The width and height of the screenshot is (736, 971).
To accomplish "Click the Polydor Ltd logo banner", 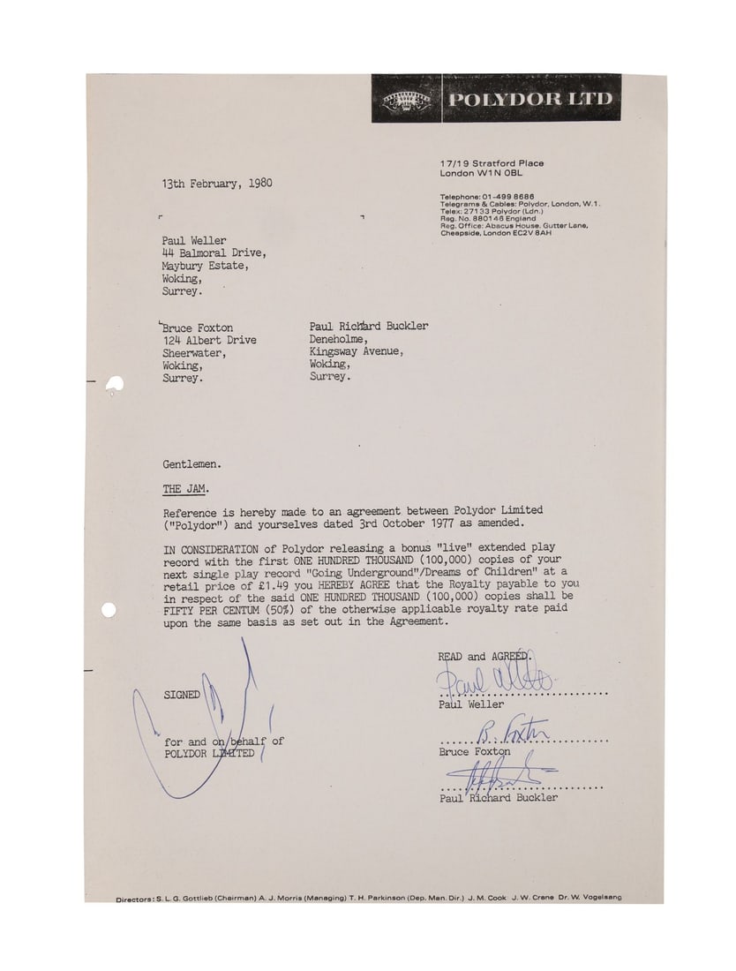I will pyautogui.click(x=496, y=97).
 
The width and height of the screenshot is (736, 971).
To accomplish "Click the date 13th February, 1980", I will pyautogui.click(x=216, y=184).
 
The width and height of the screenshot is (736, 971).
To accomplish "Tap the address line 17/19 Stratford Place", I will pyautogui.click(x=491, y=163).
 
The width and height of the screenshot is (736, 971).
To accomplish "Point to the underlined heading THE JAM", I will pyautogui.click(x=185, y=488).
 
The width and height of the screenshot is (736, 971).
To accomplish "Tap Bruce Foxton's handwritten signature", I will pyautogui.click(x=512, y=731).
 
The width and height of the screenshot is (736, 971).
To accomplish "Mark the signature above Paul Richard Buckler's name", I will pyautogui.click(x=490, y=775).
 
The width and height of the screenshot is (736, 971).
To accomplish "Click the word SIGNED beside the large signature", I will pyautogui.click(x=181, y=695).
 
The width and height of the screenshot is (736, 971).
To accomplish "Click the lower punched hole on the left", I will pyautogui.click(x=108, y=610).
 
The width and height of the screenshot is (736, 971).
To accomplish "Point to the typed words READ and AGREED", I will pyautogui.click(x=482, y=657).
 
